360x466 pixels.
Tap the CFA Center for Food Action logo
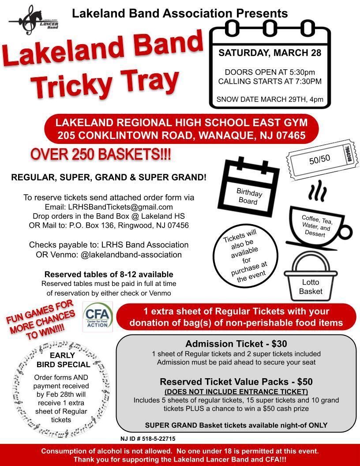98,317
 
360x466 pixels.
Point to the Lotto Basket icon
311,276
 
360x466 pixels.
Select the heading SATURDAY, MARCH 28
270,53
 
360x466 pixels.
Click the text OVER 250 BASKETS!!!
101,155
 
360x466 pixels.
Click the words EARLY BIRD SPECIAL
63,360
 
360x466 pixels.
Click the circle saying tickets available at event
246,256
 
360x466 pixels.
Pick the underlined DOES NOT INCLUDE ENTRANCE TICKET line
236,391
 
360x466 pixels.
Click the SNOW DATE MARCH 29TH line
270,99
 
